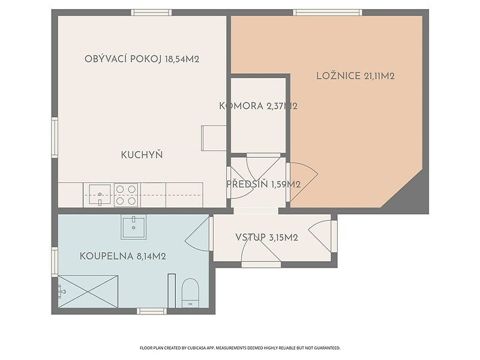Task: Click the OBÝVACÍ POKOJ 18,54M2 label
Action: (142, 59)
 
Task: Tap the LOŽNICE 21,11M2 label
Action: (355, 76)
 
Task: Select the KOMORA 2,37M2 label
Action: (259, 106)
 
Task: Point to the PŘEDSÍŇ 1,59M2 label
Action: (263, 184)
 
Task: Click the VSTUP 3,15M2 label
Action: (266, 238)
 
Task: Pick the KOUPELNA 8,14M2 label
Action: (123, 256)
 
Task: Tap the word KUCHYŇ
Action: (142, 155)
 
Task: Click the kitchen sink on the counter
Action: (100, 194)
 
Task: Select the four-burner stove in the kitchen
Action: (126, 194)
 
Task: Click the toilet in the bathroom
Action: (190, 293)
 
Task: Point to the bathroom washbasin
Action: (133, 227)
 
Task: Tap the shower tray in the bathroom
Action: (88, 292)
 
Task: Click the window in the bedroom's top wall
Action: (328, 13)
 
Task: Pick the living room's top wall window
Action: (151, 13)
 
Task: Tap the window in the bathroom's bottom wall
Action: (152, 311)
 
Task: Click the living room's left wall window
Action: (55, 137)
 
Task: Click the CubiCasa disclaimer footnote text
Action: (240, 348)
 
